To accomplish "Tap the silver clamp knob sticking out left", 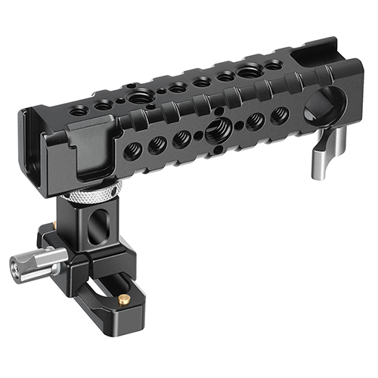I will point(34,265).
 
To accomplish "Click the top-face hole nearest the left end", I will point(79,110).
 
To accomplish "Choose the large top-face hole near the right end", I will point(248,70).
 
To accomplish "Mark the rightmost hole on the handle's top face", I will point(274,65).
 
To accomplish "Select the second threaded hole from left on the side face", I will point(158,143).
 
